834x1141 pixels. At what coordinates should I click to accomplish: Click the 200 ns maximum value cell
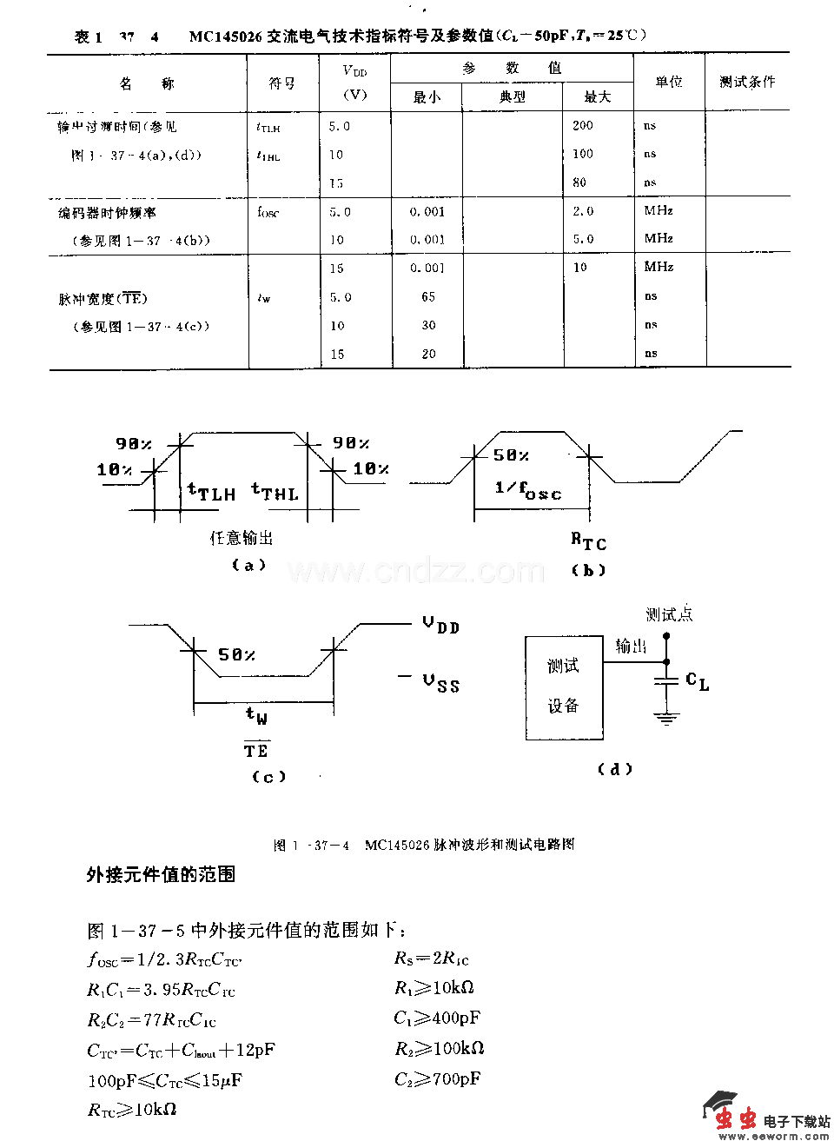pos(583,125)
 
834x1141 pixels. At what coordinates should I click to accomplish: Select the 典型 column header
pos(513,96)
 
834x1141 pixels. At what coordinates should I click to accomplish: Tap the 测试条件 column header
pos(747,82)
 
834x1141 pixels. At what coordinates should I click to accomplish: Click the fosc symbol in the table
pos(268,212)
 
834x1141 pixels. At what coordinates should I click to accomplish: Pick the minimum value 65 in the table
pos(428,296)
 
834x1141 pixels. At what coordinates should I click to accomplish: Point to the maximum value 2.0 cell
pos(583,211)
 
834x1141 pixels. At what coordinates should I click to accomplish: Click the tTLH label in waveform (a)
pos(211,493)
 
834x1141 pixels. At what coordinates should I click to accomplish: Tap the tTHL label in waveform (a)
pos(275,493)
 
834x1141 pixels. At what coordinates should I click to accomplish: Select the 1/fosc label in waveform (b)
pos(528,490)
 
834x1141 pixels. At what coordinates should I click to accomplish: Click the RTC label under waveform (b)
pos(588,541)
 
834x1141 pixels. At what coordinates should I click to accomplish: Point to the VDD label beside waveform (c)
pos(440,625)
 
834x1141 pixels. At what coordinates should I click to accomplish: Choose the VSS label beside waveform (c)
pos(440,683)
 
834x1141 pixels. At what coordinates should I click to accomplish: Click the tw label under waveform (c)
pos(256,716)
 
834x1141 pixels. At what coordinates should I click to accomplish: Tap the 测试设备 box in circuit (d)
pos(564,687)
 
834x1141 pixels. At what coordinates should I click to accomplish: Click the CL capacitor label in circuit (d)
pos(697,681)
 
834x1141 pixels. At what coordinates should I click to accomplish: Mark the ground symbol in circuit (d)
pos(666,718)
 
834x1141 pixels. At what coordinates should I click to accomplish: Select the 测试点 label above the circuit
pos(669,614)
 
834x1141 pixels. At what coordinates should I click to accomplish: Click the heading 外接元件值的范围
pos(161,874)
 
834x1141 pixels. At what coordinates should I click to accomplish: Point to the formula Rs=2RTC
pos(432,959)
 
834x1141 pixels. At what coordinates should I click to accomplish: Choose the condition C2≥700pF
pos(437,1079)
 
